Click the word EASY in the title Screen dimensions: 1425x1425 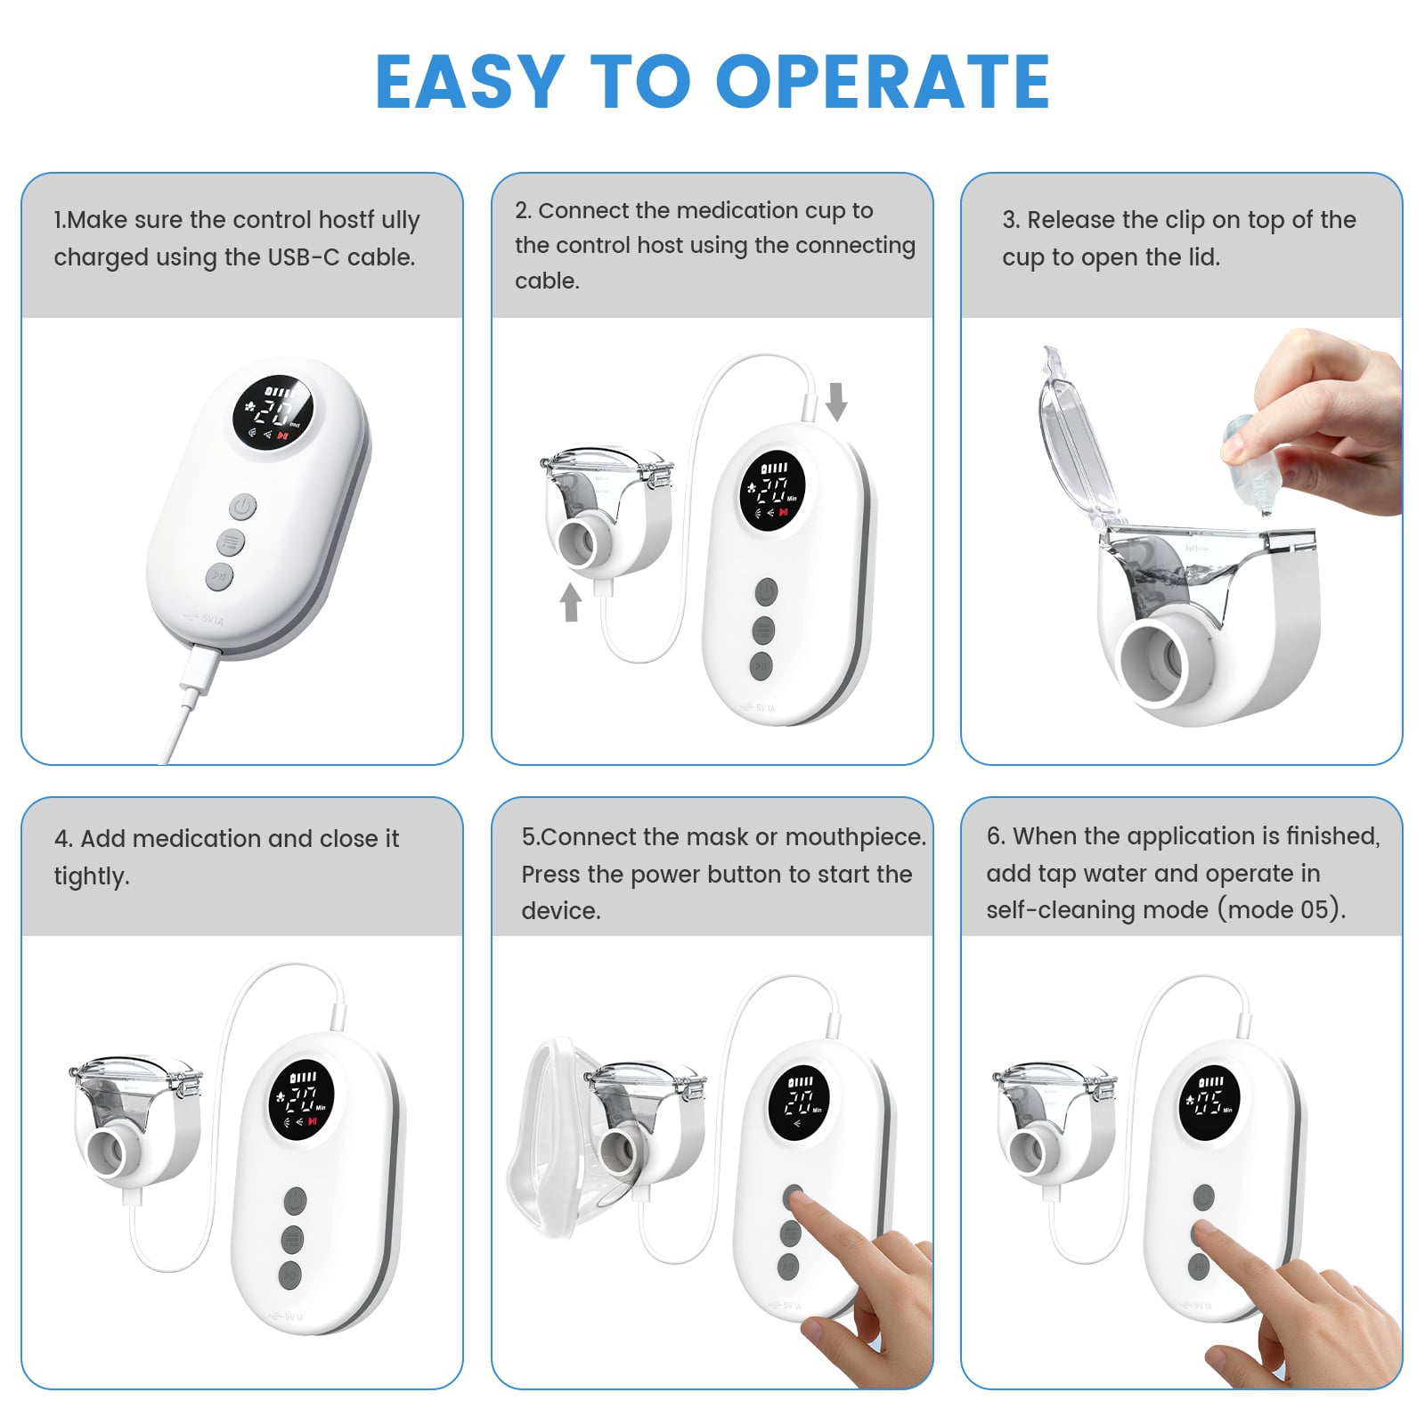point(469,81)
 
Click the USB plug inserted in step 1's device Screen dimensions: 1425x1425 point(199,669)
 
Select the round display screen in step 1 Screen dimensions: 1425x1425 point(273,413)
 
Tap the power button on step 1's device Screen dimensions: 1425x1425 point(243,508)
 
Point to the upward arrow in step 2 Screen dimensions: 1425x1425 point(571,602)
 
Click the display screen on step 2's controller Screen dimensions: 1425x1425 point(772,492)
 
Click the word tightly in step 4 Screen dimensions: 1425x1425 point(91,876)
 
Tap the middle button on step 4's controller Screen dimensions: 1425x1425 point(291,1239)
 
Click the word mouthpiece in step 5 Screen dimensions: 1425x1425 point(856,838)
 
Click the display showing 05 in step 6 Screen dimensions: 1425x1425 point(1209,1103)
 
